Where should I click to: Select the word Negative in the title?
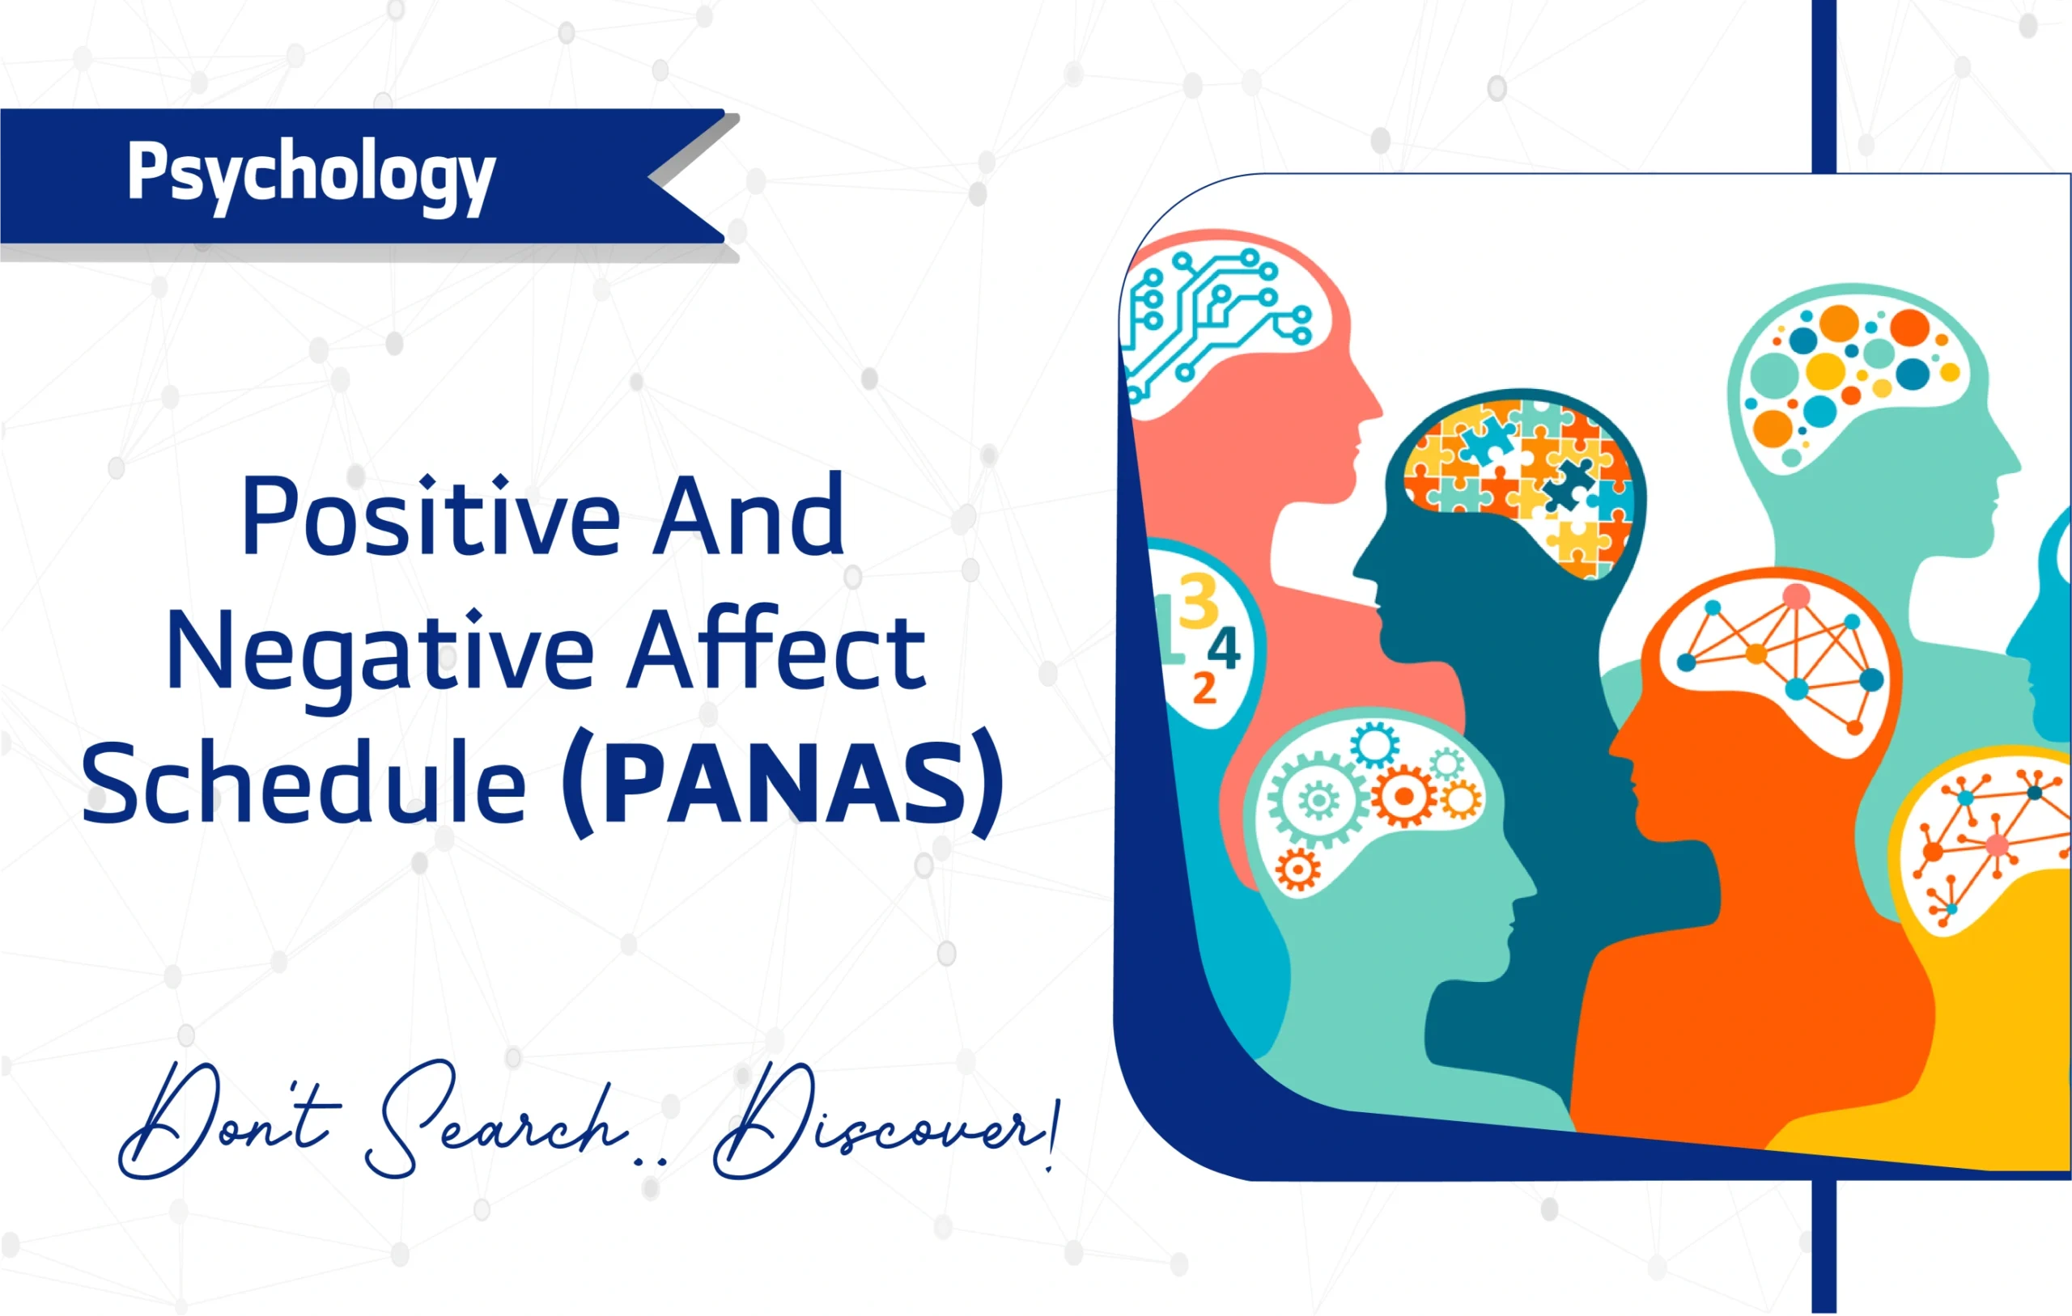(x=380, y=650)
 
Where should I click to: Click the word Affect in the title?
(x=777, y=650)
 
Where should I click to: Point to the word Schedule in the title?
(x=304, y=783)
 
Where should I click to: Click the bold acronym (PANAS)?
(x=783, y=783)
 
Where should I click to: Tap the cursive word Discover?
(x=886, y=1123)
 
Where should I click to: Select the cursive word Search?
(x=495, y=1118)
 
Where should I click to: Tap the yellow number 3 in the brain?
(x=1199, y=602)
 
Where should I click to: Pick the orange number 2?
(x=1204, y=688)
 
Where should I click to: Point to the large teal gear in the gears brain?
(x=1318, y=801)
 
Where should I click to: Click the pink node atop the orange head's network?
(x=1797, y=596)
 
